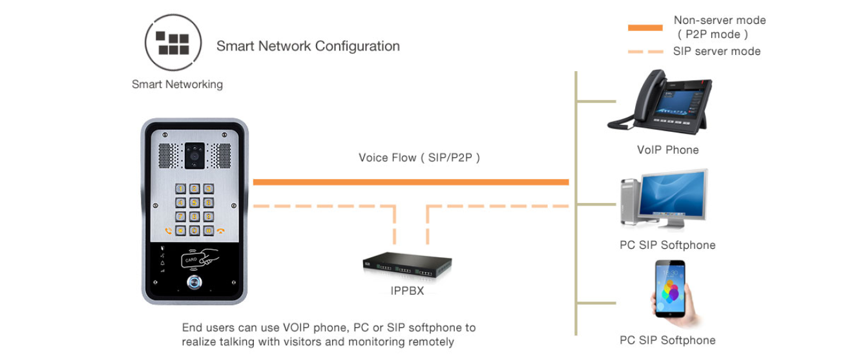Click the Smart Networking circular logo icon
[x=173, y=43]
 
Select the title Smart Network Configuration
[x=308, y=47]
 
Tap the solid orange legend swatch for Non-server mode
[x=645, y=28]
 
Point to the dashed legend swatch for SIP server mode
[x=645, y=52]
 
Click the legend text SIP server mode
[x=717, y=51]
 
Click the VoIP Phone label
[x=667, y=150]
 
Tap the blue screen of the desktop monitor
[x=673, y=194]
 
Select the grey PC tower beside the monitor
[x=630, y=202]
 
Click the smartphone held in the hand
[x=670, y=288]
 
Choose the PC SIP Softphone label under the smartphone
[x=667, y=341]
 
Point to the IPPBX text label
[x=407, y=291]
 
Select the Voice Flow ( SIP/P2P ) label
[x=419, y=158]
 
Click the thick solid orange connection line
[x=411, y=182]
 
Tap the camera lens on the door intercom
[x=194, y=155]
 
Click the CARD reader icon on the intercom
[x=200, y=259]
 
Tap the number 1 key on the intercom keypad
[x=180, y=189]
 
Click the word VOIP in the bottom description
[x=297, y=328]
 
